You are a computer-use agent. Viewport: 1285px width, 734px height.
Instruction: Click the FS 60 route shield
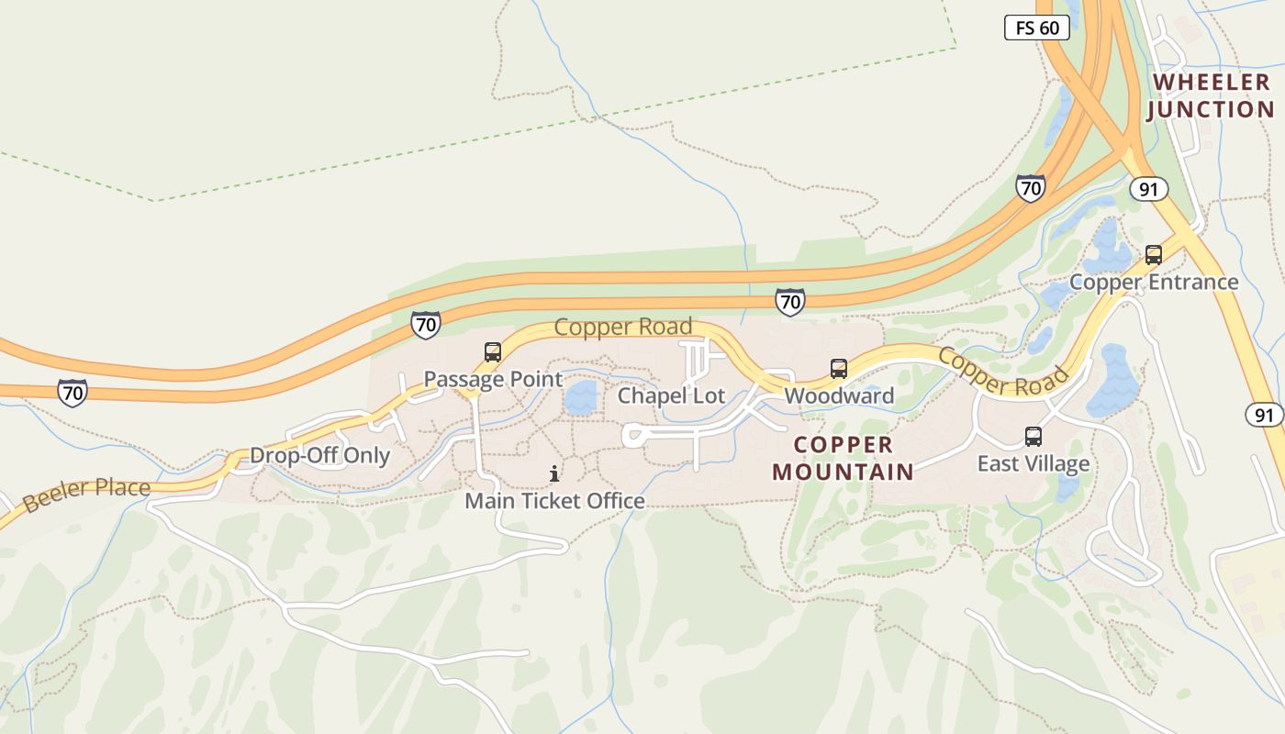tap(1037, 28)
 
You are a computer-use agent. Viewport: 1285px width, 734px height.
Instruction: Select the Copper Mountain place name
tap(843, 458)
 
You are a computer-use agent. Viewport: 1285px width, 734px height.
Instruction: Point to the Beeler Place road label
tap(86, 494)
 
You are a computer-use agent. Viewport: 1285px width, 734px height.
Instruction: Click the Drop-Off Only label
tap(319, 455)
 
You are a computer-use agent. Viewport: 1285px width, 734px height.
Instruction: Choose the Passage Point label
tap(492, 379)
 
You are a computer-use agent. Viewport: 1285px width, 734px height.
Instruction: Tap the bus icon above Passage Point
tap(493, 351)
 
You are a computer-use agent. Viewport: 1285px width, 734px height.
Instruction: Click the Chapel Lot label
tap(671, 395)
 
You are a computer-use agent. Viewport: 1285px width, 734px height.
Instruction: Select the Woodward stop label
tap(838, 395)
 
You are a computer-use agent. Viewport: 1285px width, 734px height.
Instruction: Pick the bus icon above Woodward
tap(838, 369)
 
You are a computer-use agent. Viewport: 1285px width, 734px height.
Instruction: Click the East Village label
tap(1033, 463)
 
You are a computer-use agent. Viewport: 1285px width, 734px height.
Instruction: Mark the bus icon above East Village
tap(1034, 436)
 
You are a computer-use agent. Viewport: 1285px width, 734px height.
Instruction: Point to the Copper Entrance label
tap(1154, 282)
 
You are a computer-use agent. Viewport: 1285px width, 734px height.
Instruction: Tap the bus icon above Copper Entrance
tap(1154, 255)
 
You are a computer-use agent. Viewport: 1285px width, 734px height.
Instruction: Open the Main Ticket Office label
tap(554, 501)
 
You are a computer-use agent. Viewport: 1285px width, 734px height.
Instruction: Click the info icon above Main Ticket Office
tap(554, 473)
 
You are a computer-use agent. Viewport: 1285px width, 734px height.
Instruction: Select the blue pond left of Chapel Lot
tap(580, 398)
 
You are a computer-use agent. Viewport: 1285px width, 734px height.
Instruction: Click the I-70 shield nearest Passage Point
tap(425, 324)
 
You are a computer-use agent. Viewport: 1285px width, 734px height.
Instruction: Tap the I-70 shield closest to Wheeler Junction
tap(1031, 188)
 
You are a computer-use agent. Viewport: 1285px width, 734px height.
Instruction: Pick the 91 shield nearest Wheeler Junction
tap(1148, 188)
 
